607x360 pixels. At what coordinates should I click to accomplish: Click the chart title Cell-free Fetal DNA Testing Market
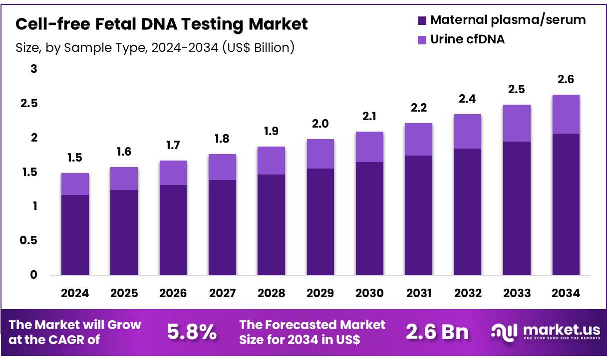[162, 23]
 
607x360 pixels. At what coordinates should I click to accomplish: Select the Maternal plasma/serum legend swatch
[422, 20]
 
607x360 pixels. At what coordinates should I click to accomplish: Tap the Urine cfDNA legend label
[467, 39]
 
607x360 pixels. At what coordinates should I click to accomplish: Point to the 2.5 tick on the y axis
[28, 104]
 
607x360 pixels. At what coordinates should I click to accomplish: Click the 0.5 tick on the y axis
[28, 241]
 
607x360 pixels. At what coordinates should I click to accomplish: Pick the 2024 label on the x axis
[75, 294]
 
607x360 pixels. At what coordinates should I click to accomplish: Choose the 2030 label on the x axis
[369, 294]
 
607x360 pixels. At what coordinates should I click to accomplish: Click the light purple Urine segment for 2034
[566, 114]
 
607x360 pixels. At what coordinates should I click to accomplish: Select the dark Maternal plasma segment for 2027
[222, 227]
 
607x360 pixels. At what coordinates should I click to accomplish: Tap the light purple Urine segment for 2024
[75, 184]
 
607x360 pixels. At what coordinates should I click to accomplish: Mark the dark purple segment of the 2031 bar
[418, 215]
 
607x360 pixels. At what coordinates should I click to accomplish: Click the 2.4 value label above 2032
[467, 99]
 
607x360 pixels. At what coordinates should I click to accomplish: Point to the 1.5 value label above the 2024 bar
[75, 158]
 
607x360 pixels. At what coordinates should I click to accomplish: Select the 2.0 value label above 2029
[320, 124]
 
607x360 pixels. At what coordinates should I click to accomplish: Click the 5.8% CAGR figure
[192, 332]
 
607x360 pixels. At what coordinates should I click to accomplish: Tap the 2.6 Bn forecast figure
[437, 332]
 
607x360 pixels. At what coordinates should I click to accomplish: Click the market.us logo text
[559, 330]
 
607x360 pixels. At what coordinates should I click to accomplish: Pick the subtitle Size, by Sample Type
[155, 47]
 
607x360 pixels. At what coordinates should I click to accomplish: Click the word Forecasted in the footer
[303, 325]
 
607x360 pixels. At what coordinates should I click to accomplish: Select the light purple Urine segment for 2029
[320, 154]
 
